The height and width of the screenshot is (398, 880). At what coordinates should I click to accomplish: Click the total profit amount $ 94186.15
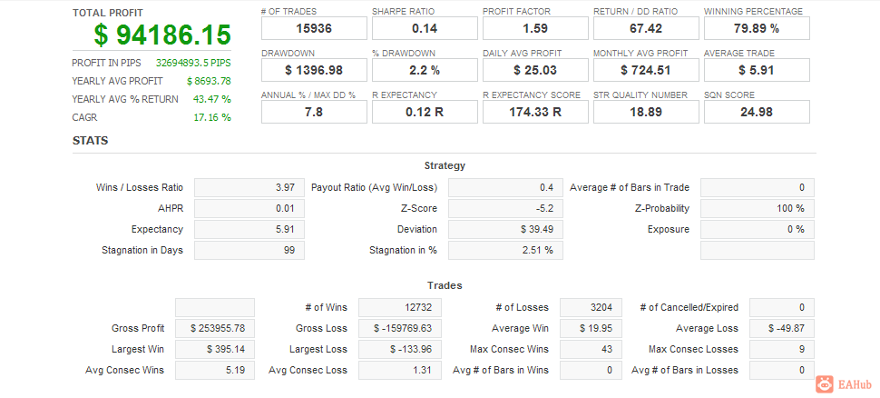[x=162, y=35]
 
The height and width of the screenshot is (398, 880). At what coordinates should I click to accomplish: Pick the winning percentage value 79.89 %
[x=757, y=29]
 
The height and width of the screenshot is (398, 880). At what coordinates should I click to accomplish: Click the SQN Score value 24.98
[x=757, y=112]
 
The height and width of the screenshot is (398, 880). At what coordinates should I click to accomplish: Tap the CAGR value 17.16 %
[x=212, y=117]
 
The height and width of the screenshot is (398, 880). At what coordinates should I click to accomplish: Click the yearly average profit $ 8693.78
[x=208, y=81]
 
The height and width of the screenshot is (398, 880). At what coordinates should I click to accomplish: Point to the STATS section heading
[x=90, y=141]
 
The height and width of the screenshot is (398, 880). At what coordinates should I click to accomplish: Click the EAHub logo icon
[x=825, y=384]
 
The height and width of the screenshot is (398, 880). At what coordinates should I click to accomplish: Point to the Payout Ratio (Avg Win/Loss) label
[x=374, y=187]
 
